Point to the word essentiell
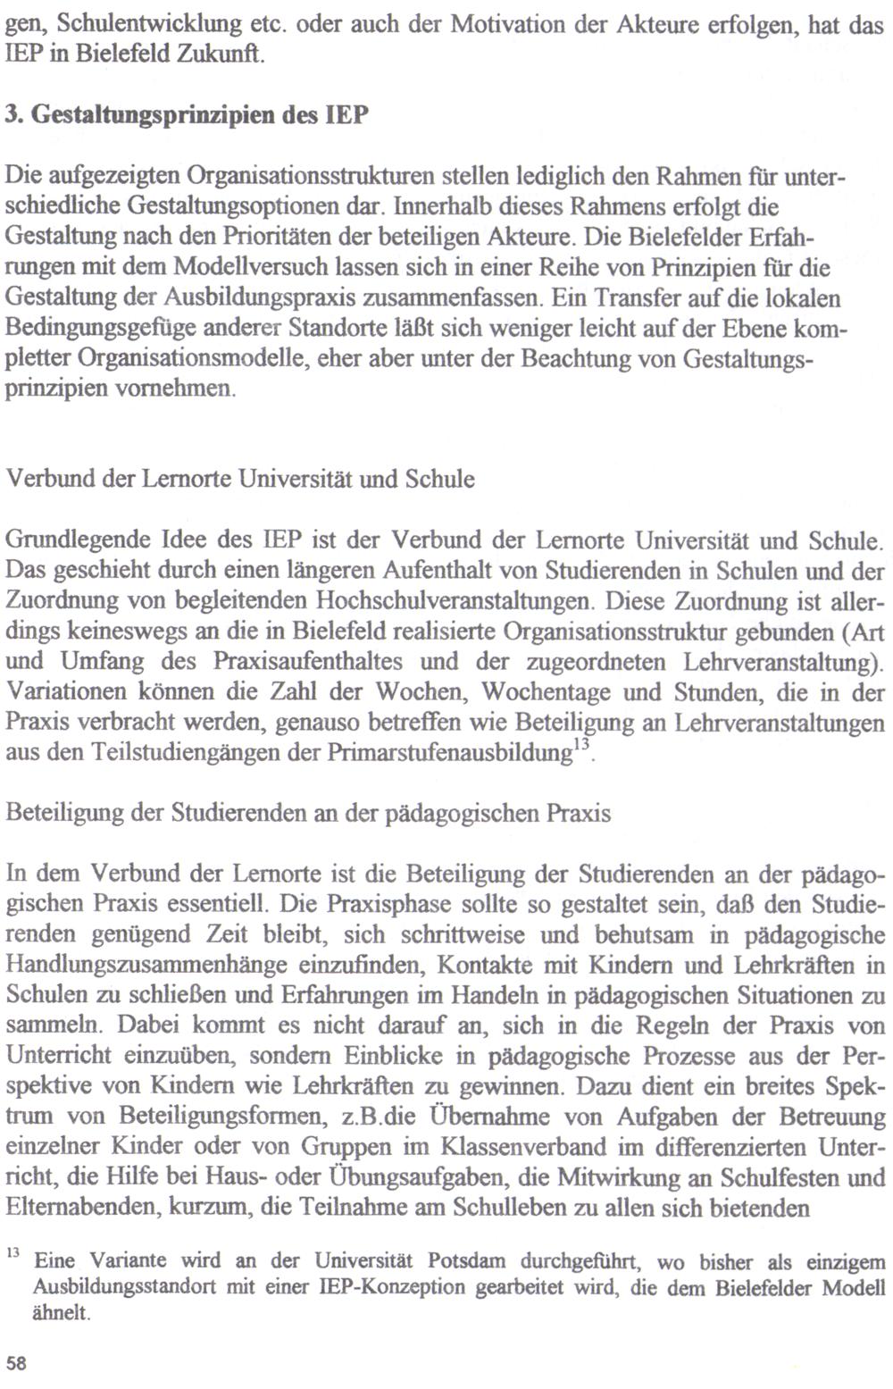pos(232,904)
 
